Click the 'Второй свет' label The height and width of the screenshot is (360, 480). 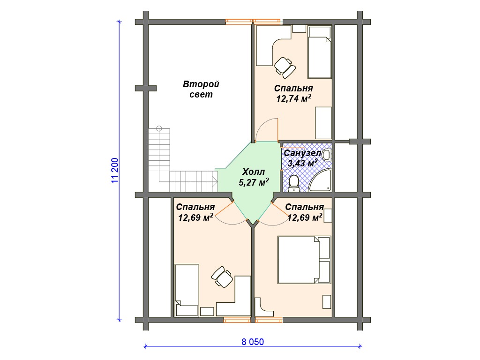coord(201,89)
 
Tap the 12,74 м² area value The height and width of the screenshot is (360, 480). coord(294,98)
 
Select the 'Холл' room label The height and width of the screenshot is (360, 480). coord(254,172)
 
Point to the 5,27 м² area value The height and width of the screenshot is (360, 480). coord(254,182)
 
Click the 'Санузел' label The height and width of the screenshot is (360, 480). coord(302,153)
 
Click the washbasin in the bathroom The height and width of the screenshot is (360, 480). coord(327,155)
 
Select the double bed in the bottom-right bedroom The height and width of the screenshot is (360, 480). coord(304,260)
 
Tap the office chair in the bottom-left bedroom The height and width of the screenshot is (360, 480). coord(222,277)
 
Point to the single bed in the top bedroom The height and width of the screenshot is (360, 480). coord(320,52)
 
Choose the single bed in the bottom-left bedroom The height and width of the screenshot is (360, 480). coord(187,290)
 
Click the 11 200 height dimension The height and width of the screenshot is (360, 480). coord(115,171)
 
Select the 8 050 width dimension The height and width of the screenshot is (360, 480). coord(253,342)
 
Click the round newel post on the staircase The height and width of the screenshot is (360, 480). coord(159,128)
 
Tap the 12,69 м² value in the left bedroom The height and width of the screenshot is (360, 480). coord(195,217)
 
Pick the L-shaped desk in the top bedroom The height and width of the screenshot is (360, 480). coord(273,46)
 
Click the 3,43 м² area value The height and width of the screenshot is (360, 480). coord(302,163)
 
